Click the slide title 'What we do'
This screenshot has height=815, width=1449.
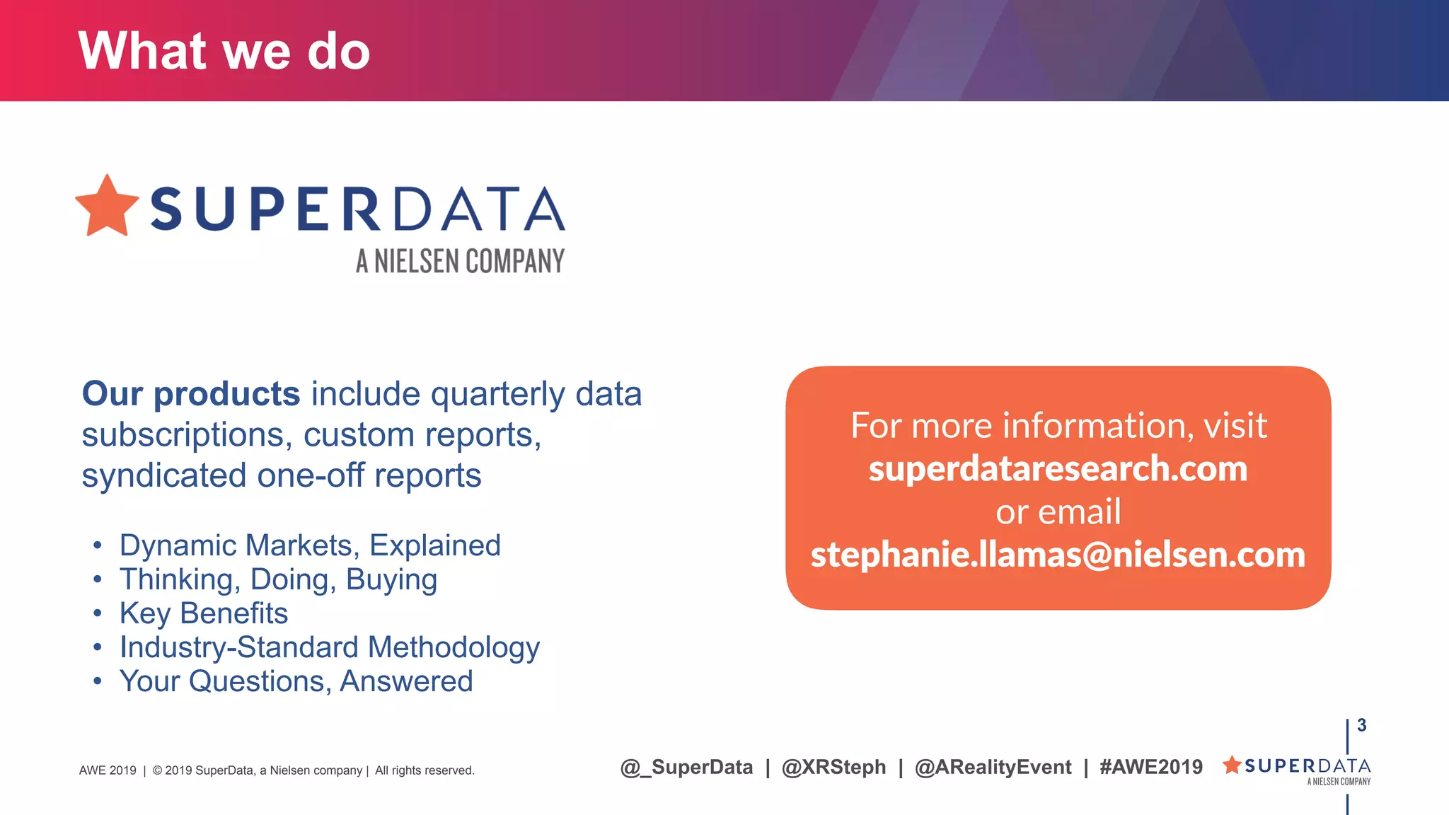pos(224,51)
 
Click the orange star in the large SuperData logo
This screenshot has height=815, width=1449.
pos(107,207)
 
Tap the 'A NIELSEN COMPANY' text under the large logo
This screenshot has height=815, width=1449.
pos(460,261)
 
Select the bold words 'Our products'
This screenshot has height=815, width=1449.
pos(191,393)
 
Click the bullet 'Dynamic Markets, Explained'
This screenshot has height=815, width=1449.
pos(310,545)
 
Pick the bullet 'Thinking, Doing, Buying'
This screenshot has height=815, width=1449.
pos(278,579)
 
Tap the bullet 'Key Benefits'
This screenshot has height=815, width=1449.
pos(204,613)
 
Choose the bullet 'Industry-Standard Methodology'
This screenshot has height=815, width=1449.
pos(329,647)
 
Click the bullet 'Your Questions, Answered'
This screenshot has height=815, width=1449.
pos(296,681)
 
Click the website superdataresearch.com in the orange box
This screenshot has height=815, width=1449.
pos(1058,469)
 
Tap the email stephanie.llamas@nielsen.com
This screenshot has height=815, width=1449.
pos(1058,555)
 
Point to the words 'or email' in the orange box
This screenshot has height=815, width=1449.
pos(1058,511)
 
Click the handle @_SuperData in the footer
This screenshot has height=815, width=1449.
pos(686,767)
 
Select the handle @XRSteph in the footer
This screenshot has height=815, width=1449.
pos(833,767)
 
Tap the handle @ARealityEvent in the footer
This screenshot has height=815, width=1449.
pos(993,767)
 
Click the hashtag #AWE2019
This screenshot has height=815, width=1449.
pos(1151,767)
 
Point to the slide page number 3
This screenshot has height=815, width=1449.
pos(1362,725)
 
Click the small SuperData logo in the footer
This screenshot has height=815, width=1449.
pos(1297,769)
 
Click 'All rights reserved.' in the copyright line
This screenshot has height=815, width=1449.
pos(425,770)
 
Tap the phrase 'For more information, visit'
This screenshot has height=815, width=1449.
pos(1058,426)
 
